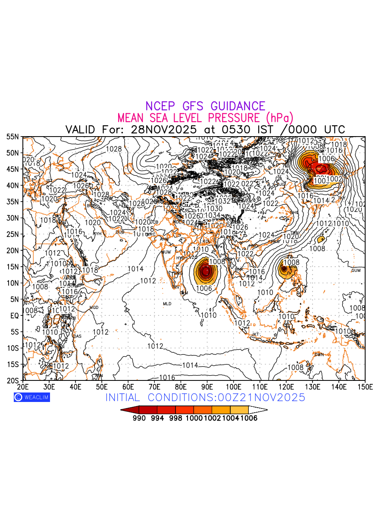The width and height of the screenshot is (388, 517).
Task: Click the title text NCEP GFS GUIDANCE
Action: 205,106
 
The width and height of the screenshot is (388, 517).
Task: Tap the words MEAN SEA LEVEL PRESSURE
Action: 190,118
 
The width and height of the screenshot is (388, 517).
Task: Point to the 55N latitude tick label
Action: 13,137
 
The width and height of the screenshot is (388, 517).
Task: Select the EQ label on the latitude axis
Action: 15,316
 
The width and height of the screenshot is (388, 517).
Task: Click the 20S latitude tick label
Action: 13,381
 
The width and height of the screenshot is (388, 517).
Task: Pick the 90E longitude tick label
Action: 207,387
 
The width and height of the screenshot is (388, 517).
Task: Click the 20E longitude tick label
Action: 22,387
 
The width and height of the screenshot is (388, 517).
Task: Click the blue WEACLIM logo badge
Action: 31,397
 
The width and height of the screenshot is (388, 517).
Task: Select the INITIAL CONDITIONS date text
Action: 205,397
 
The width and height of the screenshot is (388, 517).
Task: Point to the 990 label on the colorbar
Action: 139,418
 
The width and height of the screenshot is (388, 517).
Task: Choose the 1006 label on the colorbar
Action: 249,418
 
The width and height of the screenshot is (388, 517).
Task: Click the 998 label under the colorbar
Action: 175,418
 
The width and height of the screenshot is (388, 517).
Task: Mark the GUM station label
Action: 356,271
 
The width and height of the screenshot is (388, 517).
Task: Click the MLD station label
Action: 167,304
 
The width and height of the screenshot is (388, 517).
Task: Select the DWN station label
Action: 319,355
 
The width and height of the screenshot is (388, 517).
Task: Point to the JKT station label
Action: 255,334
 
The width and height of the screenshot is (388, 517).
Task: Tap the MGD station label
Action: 94,308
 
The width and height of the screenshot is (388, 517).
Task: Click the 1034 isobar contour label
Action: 213,215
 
